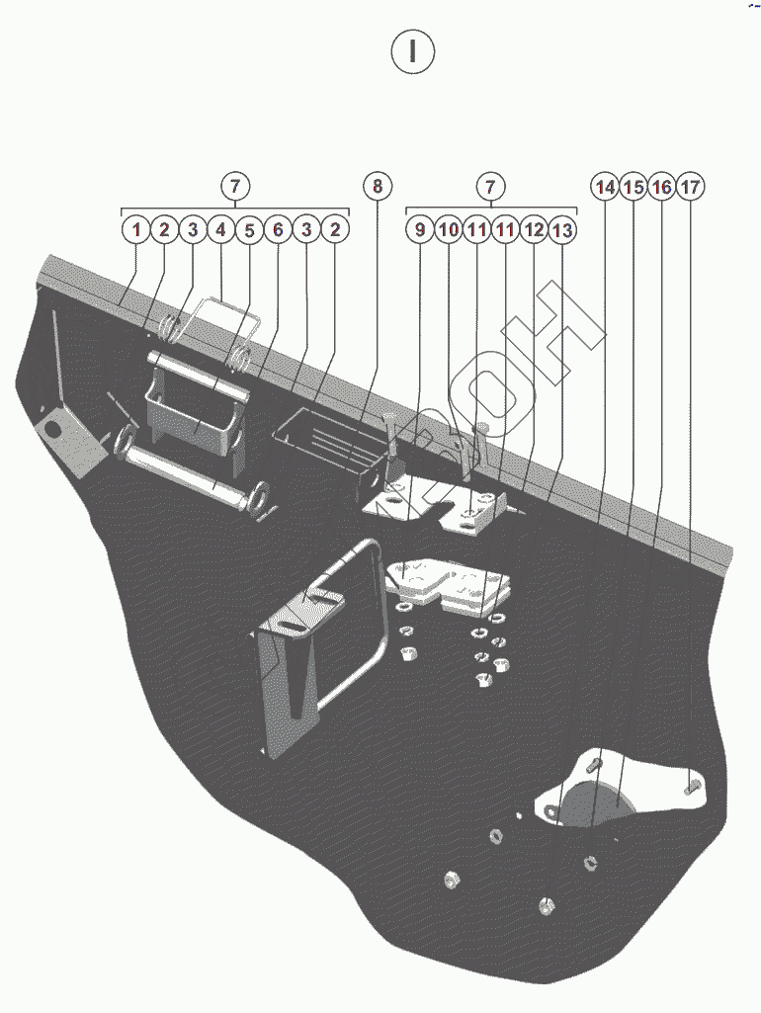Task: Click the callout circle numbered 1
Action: pyautogui.click(x=136, y=230)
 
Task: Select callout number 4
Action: pyautogui.click(x=221, y=230)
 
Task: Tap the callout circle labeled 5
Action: pyautogui.click(x=249, y=230)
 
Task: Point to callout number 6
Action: pyautogui.click(x=278, y=230)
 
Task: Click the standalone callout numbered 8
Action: pyautogui.click(x=377, y=186)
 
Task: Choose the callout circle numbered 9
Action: pyautogui.click(x=420, y=230)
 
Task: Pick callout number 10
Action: pyautogui.click(x=449, y=230)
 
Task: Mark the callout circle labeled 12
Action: pyautogui.click(x=534, y=230)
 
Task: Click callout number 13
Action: pyautogui.click(x=562, y=230)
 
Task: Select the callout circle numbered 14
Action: pyautogui.click(x=606, y=187)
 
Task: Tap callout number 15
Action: pyautogui.click(x=634, y=187)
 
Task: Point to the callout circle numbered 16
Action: pyautogui.click(x=662, y=187)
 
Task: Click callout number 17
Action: pyautogui.click(x=691, y=187)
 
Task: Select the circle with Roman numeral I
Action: pyautogui.click(x=412, y=52)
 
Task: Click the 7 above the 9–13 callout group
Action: pyautogui.click(x=490, y=186)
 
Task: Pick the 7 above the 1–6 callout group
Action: pyautogui.click(x=234, y=186)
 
